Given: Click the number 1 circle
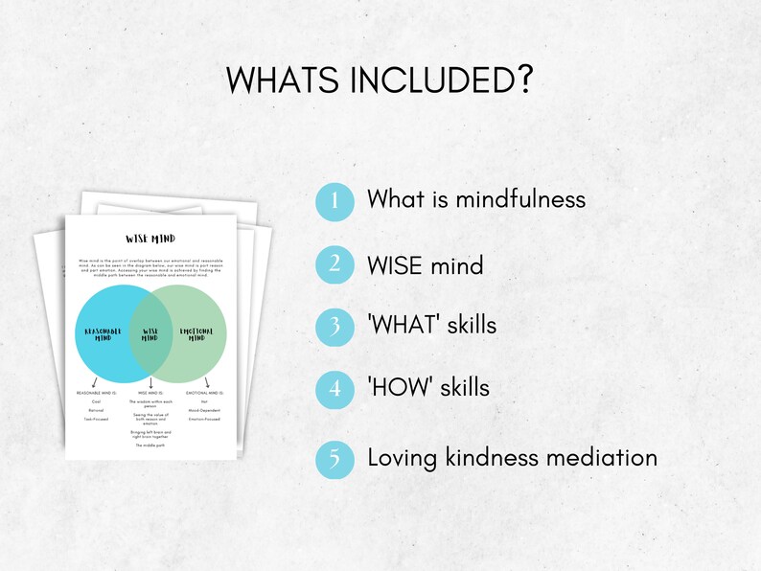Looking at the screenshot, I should (x=334, y=200).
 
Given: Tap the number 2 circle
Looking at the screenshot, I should (x=334, y=263).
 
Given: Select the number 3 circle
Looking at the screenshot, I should (x=334, y=326).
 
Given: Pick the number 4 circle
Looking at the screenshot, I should (x=334, y=389).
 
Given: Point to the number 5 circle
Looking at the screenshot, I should (x=334, y=458).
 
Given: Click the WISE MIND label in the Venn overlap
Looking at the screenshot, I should (x=150, y=334).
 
